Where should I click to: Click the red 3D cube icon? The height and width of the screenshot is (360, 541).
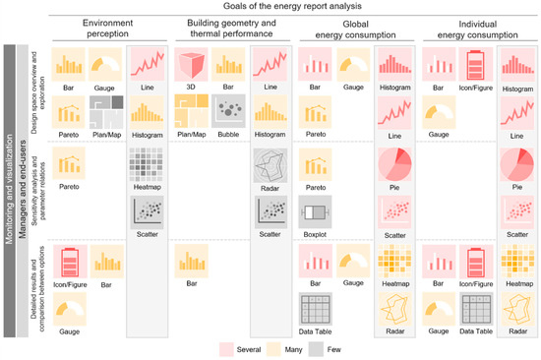click(x=190, y=64)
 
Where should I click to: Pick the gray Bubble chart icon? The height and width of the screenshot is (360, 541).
click(x=227, y=107)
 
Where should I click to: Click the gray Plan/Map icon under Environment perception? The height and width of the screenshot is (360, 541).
click(x=107, y=108)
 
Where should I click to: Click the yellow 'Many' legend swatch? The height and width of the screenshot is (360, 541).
click(x=292, y=347)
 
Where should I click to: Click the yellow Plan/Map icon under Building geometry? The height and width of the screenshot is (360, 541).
click(x=190, y=107)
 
